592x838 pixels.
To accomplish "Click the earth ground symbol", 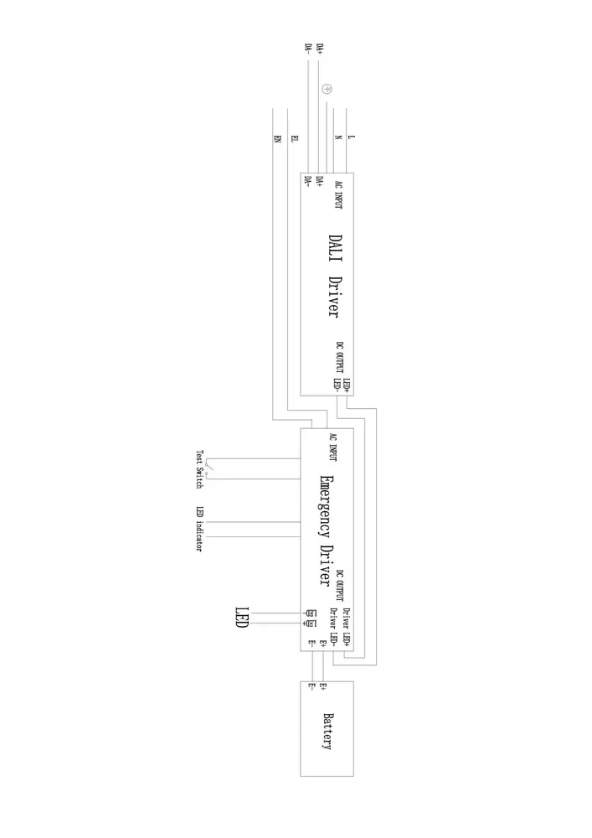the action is (327, 89).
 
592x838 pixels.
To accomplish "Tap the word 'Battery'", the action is (328, 731).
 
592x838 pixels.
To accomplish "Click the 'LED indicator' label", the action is (199, 529).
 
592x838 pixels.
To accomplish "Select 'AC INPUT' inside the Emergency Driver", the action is (333, 447).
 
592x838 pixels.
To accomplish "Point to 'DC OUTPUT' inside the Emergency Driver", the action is (339, 586).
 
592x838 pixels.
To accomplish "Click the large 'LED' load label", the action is (241, 618).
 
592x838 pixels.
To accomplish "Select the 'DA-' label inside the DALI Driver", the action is (308, 183).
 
